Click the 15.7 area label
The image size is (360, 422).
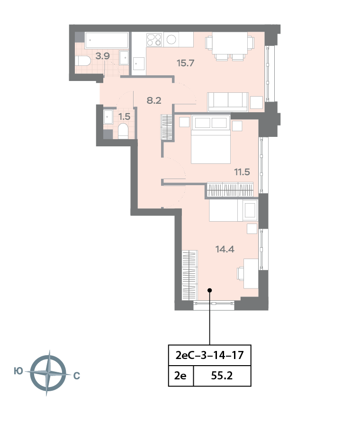pos(185,63)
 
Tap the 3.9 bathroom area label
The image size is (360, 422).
pos(103,56)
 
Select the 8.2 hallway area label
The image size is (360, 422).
pos(154,100)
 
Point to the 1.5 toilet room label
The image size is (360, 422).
pos(124,117)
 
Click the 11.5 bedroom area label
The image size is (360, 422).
pos(242,172)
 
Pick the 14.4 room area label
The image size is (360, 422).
pos(225,249)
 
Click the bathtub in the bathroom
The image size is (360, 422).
pos(107,40)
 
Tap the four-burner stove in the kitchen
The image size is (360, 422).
pos(154,40)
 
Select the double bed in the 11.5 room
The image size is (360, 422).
pos(211,139)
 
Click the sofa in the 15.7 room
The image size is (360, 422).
pos(228,102)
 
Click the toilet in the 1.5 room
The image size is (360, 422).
pos(123,131)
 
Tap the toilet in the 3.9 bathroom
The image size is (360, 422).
pos(83,61)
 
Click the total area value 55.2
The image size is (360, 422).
pos(222,376)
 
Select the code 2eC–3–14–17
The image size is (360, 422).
pos(209,355)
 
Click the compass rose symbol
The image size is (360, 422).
pos(48,373)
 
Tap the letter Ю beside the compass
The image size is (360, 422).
pos(18,371)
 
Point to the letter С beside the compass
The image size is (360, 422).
pos(77,376)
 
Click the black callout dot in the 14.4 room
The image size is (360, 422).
pos(209,290)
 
